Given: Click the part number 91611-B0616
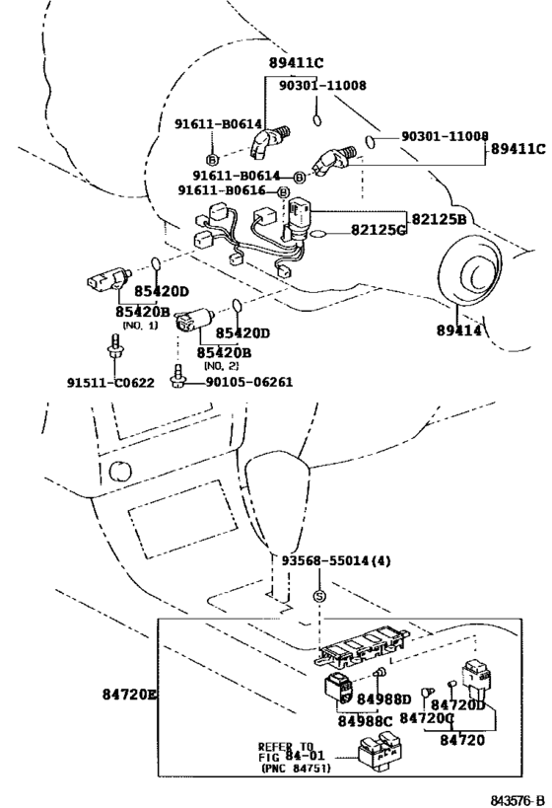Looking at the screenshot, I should tap(226, 190).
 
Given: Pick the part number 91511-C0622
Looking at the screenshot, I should tap(109, 382).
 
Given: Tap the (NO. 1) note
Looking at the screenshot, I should tap(139, 325).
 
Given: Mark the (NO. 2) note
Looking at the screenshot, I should tap(223, 365).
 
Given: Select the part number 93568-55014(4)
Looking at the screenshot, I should tap(334, 561).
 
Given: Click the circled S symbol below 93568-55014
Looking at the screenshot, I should tap(319, 595).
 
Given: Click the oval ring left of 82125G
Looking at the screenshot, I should tap(319, 235).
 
